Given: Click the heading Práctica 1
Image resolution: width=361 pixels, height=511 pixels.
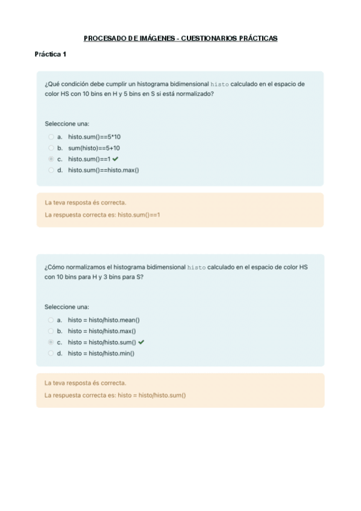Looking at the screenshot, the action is click(50, 54).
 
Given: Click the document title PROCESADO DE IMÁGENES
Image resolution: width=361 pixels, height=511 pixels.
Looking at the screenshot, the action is click(180, 38).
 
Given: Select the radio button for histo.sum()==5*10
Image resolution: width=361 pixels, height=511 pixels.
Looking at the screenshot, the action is click(51, 137).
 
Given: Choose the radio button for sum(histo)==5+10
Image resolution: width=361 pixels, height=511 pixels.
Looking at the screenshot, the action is click(51, 148).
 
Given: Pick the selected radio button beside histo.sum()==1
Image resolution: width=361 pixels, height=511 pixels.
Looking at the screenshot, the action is click(51, 159).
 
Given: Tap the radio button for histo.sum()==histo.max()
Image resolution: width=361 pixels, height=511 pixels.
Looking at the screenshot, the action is click(51, 170).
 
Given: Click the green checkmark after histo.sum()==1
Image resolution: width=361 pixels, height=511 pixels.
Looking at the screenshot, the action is click(115, 158).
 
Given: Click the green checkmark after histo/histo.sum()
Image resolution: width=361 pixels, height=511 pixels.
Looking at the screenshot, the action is click(142, 342).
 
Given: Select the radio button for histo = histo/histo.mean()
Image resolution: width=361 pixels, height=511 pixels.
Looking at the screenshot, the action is click(51, 320).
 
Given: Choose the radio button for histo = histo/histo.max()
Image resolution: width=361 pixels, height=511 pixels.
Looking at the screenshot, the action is click(51, 331).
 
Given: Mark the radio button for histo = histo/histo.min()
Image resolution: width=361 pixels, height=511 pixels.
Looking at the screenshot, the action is click(51, 354).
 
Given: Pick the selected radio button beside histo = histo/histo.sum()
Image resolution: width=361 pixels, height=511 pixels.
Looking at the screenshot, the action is click(51, 342).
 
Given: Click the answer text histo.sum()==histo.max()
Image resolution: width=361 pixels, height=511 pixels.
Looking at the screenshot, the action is click(103, 170).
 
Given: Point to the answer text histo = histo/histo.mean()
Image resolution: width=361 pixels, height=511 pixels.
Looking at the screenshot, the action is click(108, 320).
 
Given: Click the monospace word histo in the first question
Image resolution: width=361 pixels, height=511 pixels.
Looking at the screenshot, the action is click(219, 84).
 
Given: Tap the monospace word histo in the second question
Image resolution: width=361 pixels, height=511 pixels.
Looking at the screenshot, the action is click(196, 267).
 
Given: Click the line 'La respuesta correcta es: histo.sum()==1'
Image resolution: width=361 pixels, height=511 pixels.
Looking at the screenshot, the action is click(102, 215).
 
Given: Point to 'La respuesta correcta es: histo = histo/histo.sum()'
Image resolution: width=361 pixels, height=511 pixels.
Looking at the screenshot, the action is click(115, 395).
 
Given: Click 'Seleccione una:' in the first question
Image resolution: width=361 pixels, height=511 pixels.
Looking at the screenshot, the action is click(67, 124).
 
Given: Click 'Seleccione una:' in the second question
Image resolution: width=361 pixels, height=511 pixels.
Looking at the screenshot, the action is click(67, 307).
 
